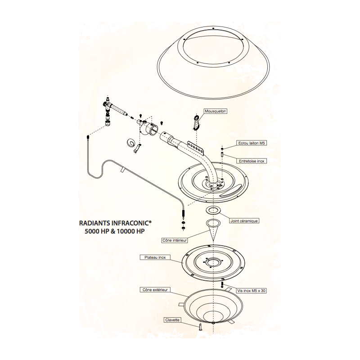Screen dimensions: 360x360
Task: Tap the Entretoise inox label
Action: coord(252,161)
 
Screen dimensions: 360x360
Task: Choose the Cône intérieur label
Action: coord(175,240)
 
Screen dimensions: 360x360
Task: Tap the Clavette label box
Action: coord(172,319)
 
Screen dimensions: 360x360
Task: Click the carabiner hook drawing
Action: coord(197,122)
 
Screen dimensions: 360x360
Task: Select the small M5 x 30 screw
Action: coord(222,284)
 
